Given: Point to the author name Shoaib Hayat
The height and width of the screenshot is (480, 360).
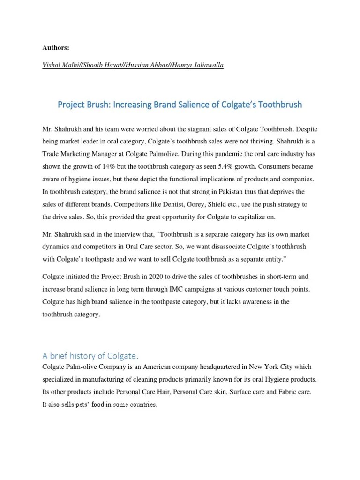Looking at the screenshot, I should coord(101,66).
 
